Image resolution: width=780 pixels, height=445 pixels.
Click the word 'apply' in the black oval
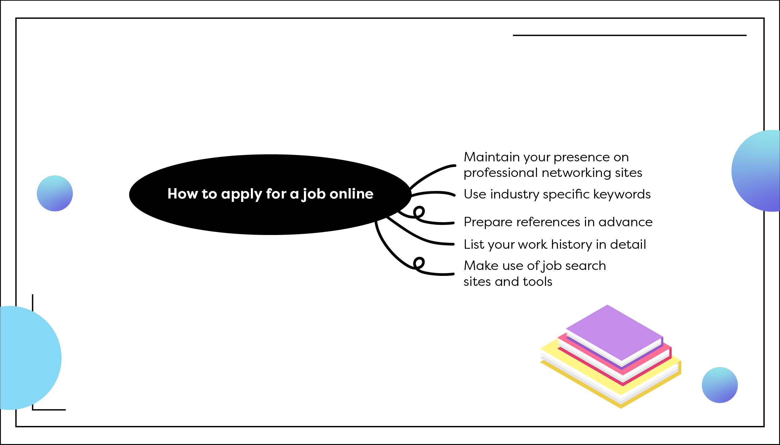click(x=241, y=194)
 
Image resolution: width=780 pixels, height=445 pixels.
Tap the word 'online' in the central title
click(x=351, y=194)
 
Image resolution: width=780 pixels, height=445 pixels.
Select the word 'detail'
click(x=628, y=244)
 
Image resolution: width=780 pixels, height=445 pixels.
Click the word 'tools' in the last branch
click(x=538, y=281)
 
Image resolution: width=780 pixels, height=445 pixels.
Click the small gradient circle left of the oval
click(x=55, y=193)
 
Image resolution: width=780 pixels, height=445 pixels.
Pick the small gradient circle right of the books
click(x=720, y=385)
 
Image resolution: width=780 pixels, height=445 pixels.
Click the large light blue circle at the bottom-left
click(x=25, y=358)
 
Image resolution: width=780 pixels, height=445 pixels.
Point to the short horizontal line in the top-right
click(x=629, y=36)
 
